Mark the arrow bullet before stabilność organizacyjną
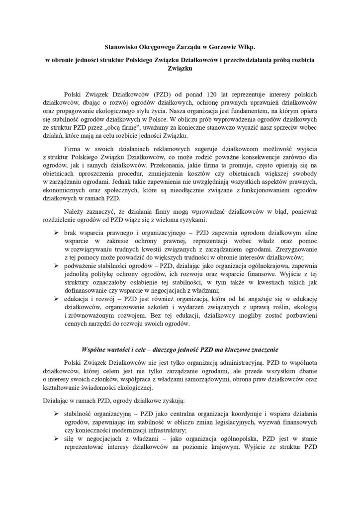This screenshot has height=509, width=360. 56,414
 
